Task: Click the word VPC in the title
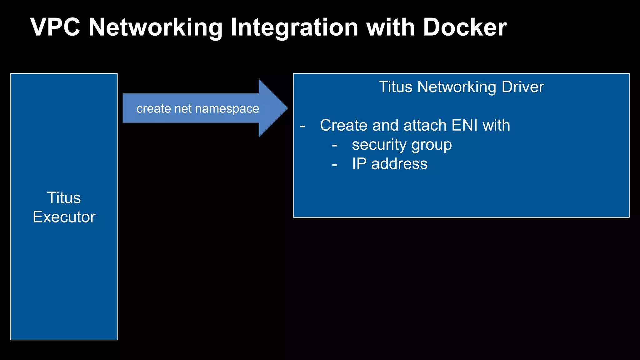click(55, 27)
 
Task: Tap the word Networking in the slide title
click(155, 27)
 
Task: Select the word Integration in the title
click(294, 27)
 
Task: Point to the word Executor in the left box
click(64, 217)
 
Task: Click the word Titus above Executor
click(64, 197)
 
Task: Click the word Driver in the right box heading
click(522, 87)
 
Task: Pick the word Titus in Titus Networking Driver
click(395, 87)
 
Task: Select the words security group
click(402, 145)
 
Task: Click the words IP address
click(389, 164)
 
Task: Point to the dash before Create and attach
click(302, 126)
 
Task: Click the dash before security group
click(334, 146)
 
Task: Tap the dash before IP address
click(334, 165)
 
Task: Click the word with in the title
click(390, 27)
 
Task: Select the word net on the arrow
click(183, 109)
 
